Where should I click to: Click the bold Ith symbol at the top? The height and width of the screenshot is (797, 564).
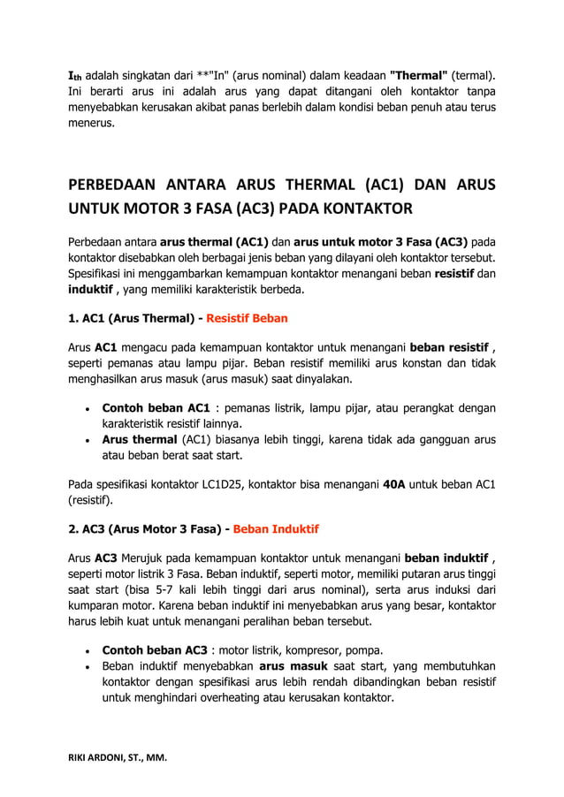click(78, 75)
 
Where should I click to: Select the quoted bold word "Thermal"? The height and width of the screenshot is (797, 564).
click(418, 75)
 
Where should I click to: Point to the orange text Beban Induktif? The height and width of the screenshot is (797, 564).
click(276, 529)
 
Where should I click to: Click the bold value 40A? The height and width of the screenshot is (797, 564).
click(396, 483)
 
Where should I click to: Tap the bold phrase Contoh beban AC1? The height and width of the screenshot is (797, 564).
click(156, 408)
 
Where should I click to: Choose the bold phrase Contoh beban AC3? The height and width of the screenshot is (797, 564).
click(156, 650)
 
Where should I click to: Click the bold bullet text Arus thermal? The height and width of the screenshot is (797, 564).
click(140, 440)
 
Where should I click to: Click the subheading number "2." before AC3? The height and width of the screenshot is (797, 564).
click(74, 529)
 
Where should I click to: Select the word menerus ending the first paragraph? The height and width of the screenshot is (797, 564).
click(92, 124)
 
